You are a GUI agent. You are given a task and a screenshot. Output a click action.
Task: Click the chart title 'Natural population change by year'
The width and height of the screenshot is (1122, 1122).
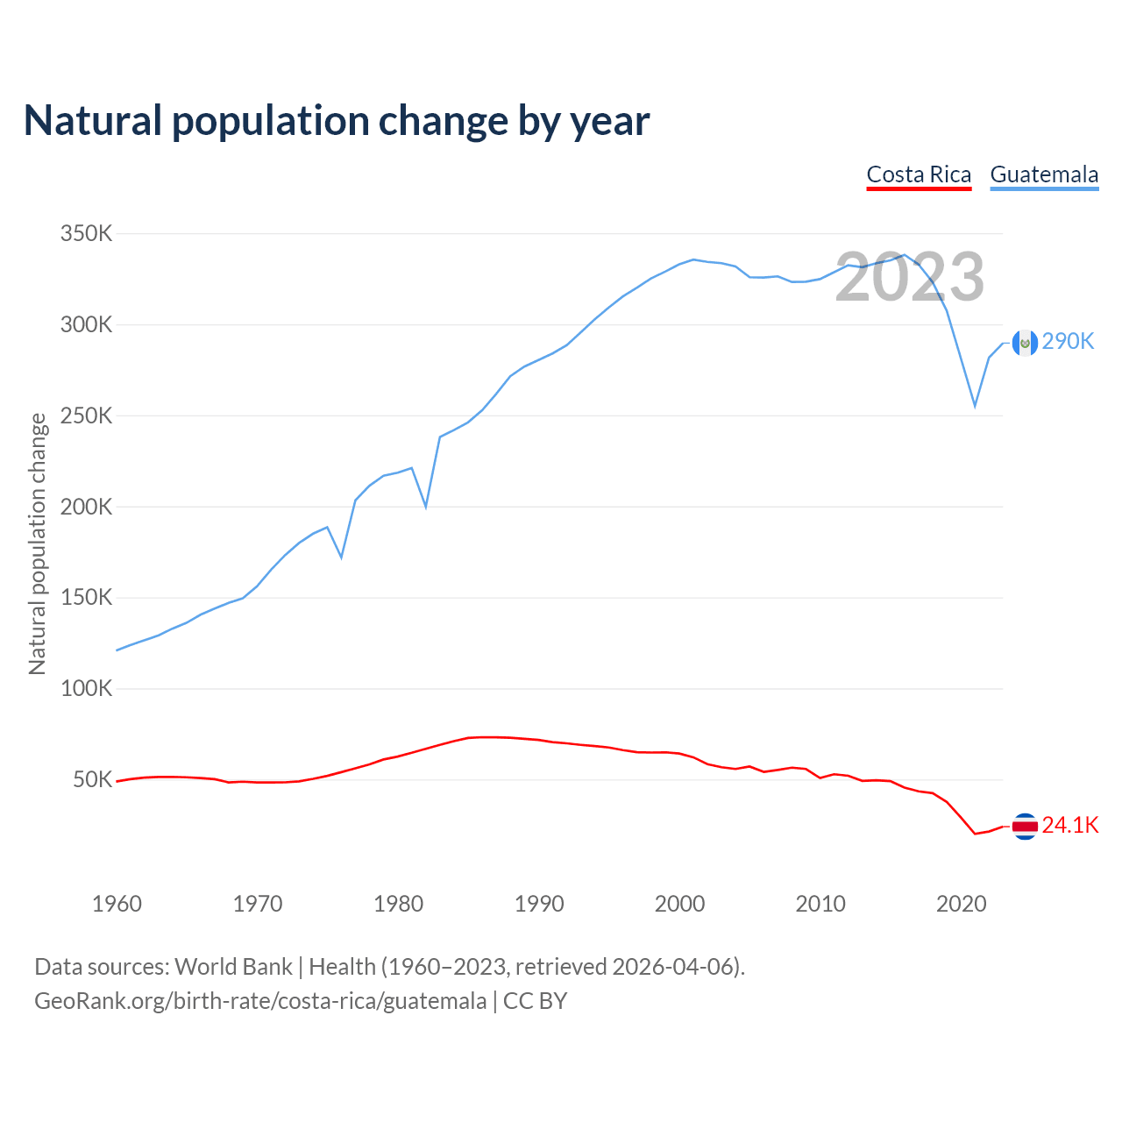337,121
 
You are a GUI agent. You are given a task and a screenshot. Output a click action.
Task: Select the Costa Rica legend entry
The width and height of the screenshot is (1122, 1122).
919,174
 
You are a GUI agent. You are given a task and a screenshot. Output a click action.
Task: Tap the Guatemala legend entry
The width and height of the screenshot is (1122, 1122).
1044,174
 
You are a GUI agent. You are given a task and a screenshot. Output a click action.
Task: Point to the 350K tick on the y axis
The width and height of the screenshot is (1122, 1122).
87,234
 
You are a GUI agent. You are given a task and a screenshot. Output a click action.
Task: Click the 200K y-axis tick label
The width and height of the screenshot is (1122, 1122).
87,507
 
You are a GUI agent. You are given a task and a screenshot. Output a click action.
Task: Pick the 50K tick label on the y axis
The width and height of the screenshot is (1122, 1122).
93,779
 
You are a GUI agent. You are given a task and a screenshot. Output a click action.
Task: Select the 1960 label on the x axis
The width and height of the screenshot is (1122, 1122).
117,904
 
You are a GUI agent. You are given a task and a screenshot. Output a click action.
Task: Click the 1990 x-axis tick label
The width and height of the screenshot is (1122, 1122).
539,904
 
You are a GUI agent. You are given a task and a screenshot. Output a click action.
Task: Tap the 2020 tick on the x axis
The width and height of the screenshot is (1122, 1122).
962,904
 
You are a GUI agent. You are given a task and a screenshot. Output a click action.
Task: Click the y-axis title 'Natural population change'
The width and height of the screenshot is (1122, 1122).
38,543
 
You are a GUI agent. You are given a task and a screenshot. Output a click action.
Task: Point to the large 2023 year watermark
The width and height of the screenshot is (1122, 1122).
909,277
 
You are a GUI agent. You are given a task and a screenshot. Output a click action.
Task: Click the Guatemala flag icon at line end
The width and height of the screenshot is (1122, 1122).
1025,343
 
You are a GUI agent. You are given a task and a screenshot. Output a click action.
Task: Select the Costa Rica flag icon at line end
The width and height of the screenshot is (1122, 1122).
1025,826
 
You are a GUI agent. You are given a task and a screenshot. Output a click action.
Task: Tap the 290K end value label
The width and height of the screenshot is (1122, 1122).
1069,342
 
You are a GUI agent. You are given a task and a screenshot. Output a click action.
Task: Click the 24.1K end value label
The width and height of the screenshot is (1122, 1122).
1070,826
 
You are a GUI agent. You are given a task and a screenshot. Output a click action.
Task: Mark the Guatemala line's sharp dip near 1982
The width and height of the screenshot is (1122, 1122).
426,507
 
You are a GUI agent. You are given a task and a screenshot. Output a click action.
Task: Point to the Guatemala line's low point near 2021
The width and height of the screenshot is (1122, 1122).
975,407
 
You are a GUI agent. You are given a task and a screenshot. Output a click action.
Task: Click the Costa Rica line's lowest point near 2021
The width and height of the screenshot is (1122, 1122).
975,834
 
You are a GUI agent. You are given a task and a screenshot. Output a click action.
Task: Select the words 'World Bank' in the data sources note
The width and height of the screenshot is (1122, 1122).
233,967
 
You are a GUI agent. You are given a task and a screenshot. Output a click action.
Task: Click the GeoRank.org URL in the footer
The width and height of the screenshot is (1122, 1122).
260,1001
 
